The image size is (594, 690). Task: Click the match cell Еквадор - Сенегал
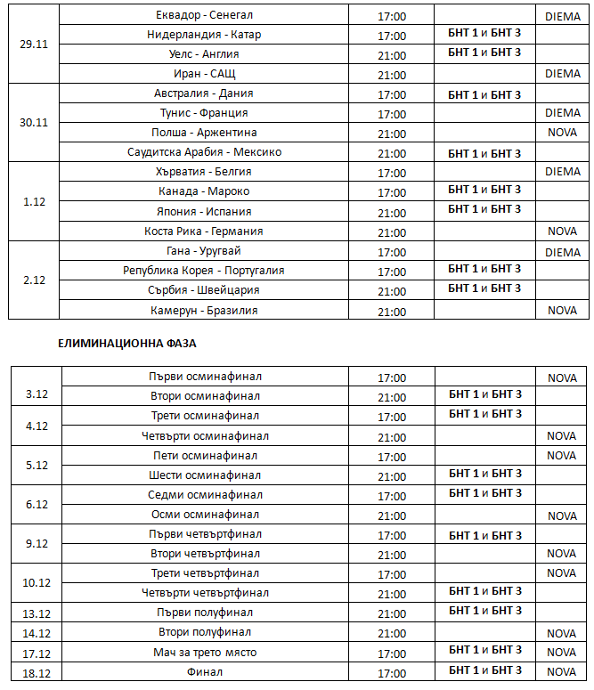[204, 16]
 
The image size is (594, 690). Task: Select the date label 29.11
[34, 44]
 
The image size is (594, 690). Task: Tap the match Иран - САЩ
[204, 74]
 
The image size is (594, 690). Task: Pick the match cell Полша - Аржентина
[204, 133]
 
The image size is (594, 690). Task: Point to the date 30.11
[34, 122]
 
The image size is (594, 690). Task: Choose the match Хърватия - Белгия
[204, 172]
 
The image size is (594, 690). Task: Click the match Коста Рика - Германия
[204, 231]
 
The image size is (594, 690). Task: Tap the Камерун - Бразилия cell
[204, 310]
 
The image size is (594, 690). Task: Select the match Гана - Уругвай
[204, 251]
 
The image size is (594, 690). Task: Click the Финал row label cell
[204, 672]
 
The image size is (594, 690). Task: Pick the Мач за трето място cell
[204, 653]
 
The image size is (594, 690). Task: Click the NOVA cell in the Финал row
[562, 672]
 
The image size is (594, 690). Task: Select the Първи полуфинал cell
[204, 613]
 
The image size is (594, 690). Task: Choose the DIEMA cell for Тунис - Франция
[562, 113]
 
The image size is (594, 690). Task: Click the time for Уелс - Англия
[392, 54]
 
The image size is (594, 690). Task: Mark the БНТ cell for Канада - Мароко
[484, 191]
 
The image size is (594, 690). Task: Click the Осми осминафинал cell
[204, 515]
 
